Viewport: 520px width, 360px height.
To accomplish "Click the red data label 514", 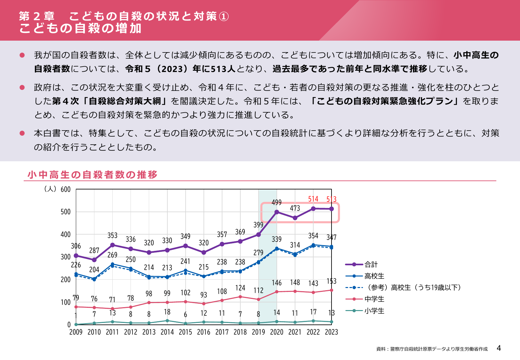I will (x=313, y=199).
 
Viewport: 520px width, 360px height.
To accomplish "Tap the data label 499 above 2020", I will (x=276, y=202).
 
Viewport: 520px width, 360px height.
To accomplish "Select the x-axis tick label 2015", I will (x=185, y=332).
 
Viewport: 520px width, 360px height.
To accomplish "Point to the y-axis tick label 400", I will (x=66, y=235).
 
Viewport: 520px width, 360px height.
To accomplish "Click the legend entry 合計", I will (x=371, y=264).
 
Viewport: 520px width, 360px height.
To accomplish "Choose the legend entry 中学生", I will (x=374, y=299).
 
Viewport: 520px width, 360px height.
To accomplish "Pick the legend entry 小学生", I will (x=374, y=311).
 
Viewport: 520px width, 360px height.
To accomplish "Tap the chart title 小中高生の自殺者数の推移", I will (x=92, y=175).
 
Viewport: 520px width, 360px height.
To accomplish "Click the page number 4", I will (x=499, y=348).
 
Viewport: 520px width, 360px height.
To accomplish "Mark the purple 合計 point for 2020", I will (x=277, y=212).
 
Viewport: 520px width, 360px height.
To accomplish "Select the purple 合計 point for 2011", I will (x=112, y=245).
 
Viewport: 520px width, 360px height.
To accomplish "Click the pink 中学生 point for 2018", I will (x=240, y=297).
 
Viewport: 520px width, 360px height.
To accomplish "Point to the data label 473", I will (x=295, y=208).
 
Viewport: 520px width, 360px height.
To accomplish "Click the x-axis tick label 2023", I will (x=331, y=332).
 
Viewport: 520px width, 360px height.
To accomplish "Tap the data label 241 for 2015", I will (x=185, y=261).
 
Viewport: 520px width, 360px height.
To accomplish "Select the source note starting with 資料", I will (x=432, y=349).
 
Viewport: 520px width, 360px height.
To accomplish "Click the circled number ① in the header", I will (x=224, y=16).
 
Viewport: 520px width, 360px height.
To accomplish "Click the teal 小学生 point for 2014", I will (x=167, y=321).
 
